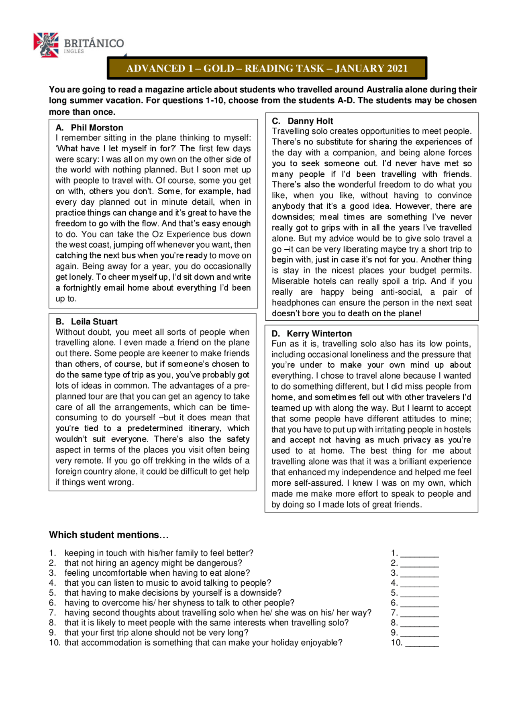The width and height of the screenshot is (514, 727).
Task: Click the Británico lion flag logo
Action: pyautogui.click(x=46, y=45)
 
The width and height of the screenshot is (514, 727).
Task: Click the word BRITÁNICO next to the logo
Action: pyautogui.click(x=94, y=43)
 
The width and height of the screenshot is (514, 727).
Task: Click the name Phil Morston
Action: pyautogui.click(x=97, y=128)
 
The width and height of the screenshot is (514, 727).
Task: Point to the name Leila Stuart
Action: pyautogui.click(x=94, y=322)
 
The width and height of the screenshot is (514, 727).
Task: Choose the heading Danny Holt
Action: pyautogui.click(x=310, y=121)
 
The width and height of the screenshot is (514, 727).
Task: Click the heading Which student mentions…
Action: pyautogui.click(x=108, y=535)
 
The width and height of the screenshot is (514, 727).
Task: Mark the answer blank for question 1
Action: pyautogui.click(x=420, y=554)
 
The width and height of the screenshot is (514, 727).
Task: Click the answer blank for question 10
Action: pyautogui.click(x=422, y=643)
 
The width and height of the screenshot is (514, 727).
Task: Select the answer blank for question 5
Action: pyautogui.click(x=420, y=593)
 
